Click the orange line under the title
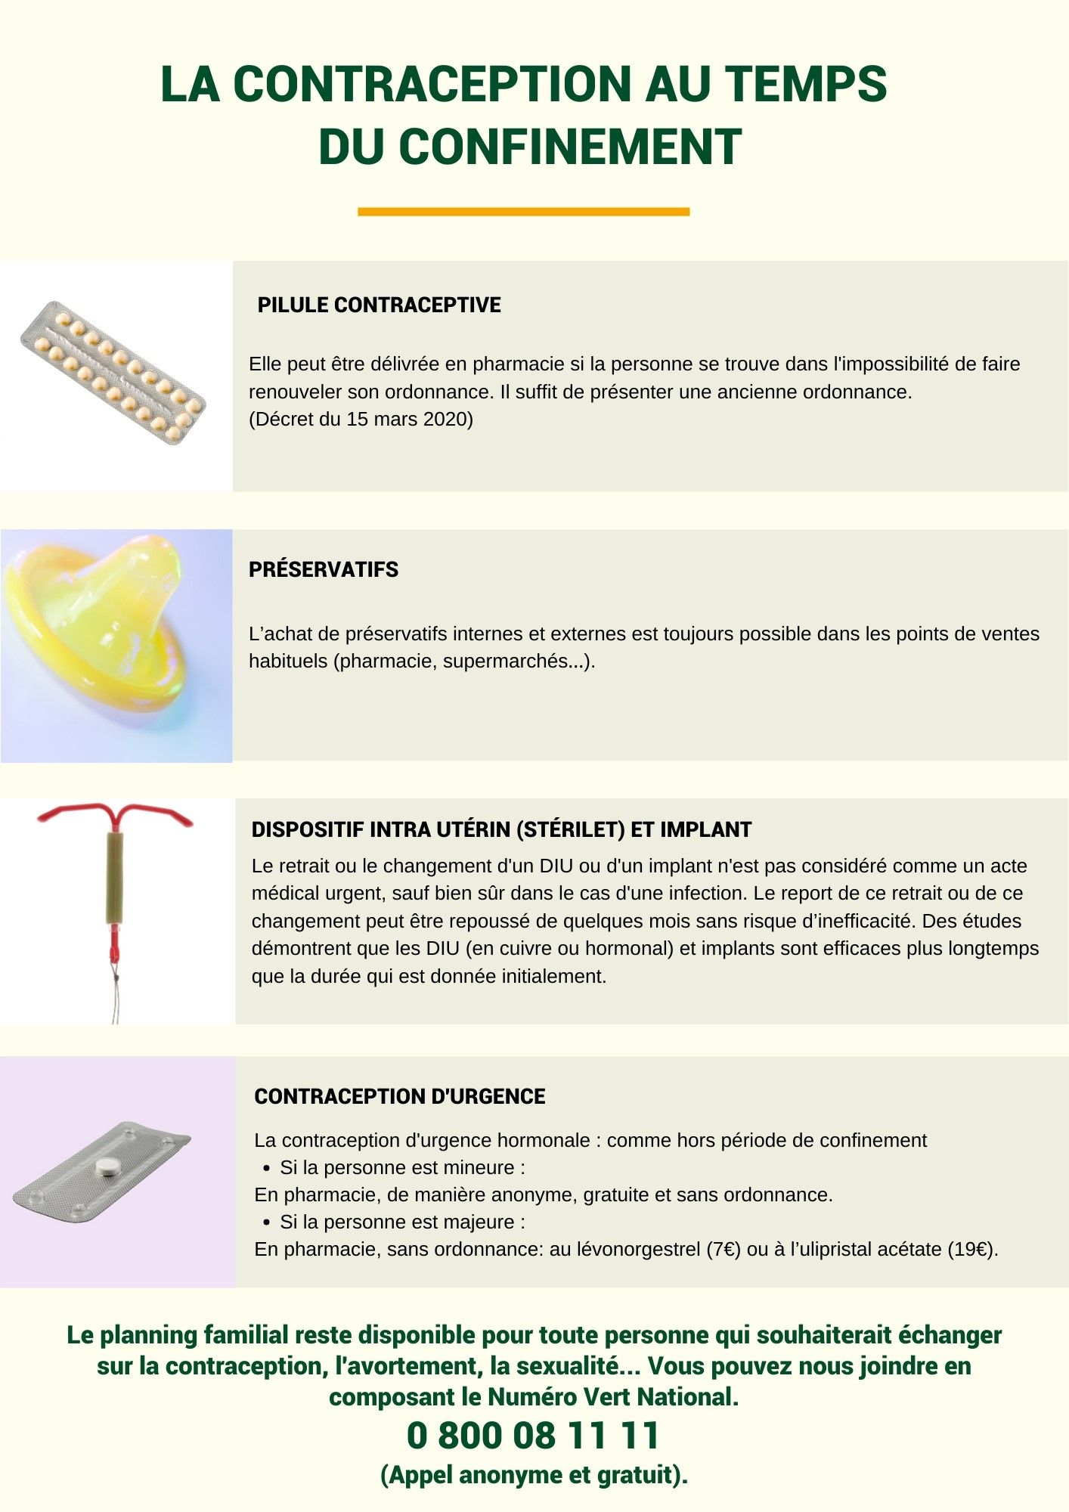(x=523, y=212)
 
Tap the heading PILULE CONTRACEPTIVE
(x=379, y=305)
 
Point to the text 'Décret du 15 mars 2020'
(x=361, y=420)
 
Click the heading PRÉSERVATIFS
(x=324, y=570)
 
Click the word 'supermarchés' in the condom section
(x=504, y=661)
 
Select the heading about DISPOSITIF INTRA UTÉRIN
(x=501, y=830)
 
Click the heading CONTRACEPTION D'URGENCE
(x=400, y=1097)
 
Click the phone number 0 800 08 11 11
(x=534, y=1436)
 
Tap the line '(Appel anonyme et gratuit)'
(x=534, y=1475)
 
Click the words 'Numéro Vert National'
(x=613, y=1397)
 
